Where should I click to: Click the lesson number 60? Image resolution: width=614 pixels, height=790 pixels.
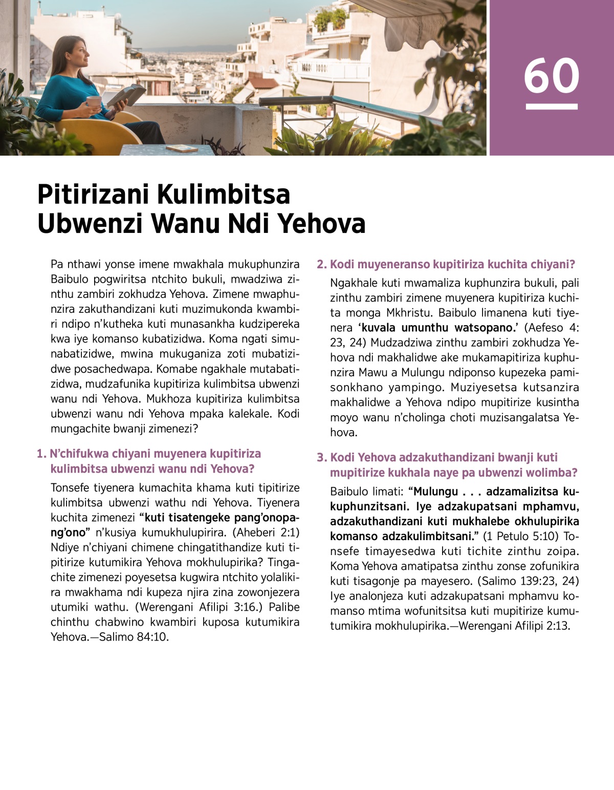tap(551, 76)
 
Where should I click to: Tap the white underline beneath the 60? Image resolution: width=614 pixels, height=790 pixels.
tap(552, 107)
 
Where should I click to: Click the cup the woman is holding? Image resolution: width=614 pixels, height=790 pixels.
tap(93, 102)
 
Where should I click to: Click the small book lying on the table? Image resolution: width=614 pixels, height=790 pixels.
tap(182, 148)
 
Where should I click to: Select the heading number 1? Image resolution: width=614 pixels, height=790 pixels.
tap(41, 454)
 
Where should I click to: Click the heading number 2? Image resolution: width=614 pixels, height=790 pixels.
tap(321, 265)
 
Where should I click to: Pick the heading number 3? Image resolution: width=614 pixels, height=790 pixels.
tap(321, 458)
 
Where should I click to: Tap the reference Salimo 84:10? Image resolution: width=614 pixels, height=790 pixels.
tap(134, 637)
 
